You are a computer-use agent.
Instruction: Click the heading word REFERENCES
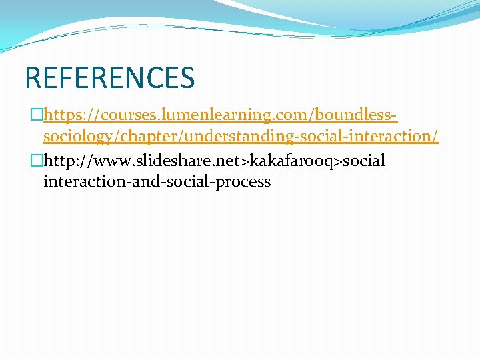pos(109,77)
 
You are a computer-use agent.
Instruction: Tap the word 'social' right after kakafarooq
pos(364,161)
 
